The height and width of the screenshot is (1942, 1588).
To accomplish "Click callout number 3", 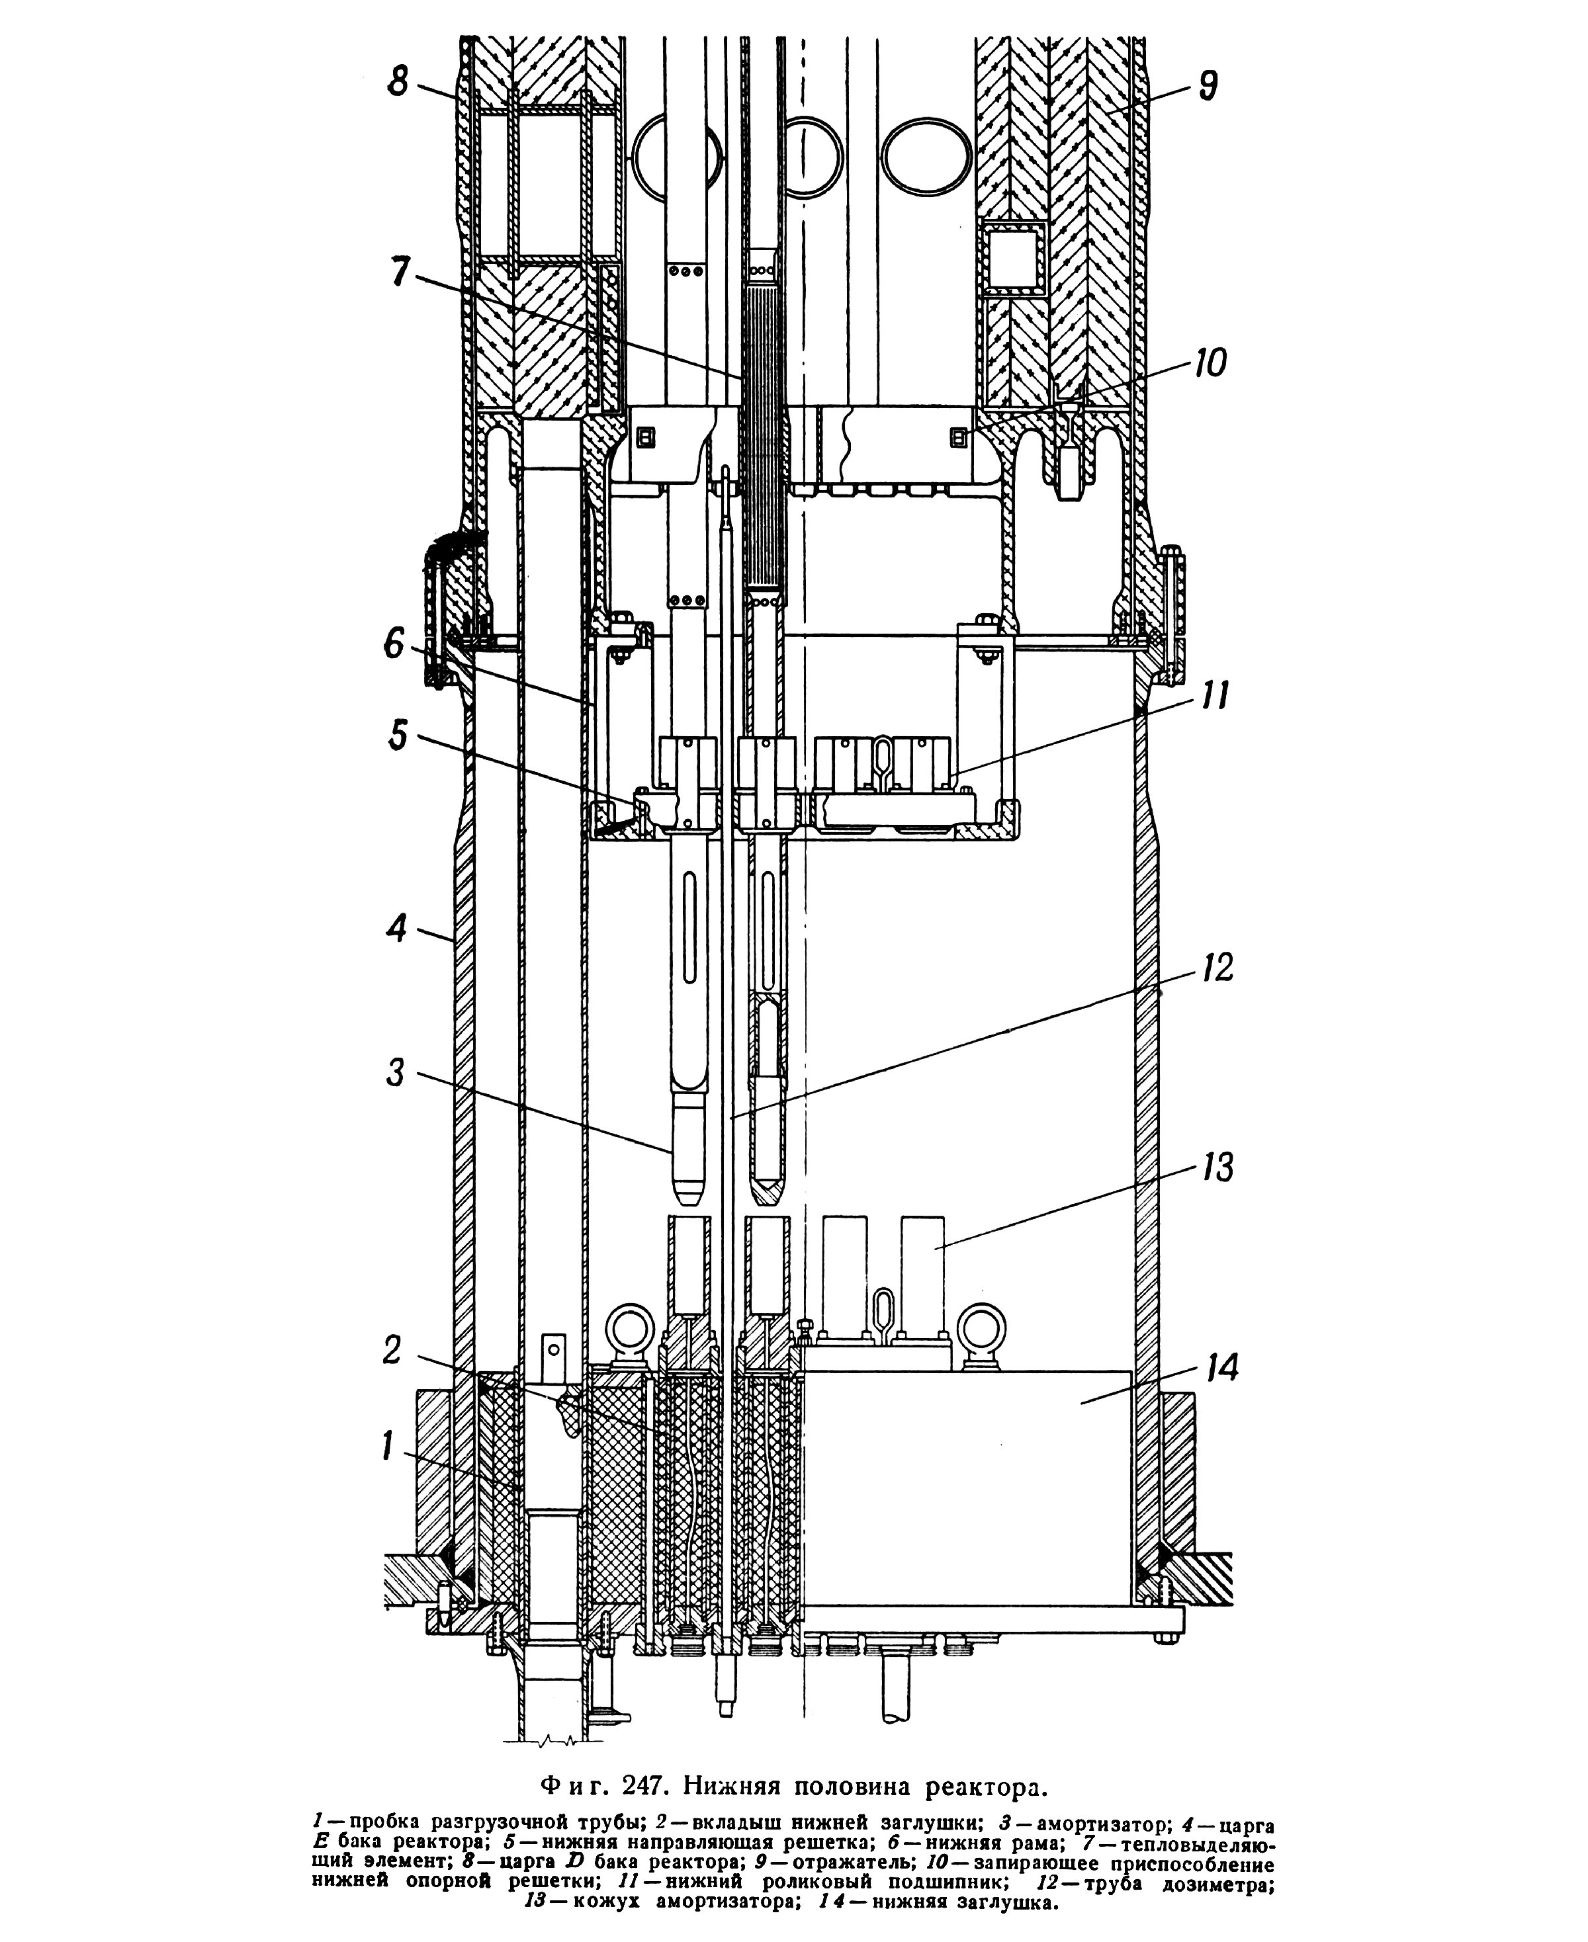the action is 394,1072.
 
